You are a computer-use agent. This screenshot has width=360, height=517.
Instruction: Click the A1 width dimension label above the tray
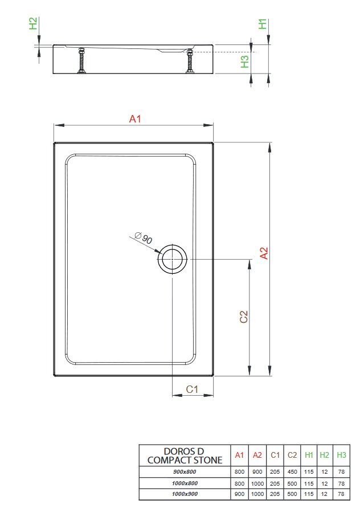[134, 119]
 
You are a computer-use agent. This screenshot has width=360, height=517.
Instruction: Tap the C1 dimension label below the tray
[192, 389]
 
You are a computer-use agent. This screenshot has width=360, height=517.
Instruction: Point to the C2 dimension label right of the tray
[243, 317]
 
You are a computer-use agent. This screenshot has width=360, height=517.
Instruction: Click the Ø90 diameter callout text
[144, 239]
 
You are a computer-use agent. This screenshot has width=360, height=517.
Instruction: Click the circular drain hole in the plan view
[172, 260]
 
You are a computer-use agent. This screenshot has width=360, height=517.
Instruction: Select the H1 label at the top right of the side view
[263, 24]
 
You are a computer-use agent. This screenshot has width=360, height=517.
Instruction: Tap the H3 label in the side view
[245, 61]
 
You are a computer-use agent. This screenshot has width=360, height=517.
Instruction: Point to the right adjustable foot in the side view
[190, 60]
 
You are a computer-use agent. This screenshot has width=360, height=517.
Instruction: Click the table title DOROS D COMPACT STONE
[185, 456]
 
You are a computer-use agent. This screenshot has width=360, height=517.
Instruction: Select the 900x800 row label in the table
[185, 472]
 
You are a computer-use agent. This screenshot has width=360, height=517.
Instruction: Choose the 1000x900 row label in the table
[185, 494]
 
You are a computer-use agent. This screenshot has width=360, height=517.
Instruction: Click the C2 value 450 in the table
[292, 472]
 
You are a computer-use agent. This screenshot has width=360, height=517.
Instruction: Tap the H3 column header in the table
[341, 455]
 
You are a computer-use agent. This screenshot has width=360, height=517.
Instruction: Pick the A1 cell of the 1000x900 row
[240, 494]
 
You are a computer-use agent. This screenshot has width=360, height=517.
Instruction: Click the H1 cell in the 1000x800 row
[309, 483]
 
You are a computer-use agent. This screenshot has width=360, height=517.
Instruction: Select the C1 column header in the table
[275, 455]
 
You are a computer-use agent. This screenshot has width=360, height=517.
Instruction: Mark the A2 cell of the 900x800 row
[257, 472]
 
